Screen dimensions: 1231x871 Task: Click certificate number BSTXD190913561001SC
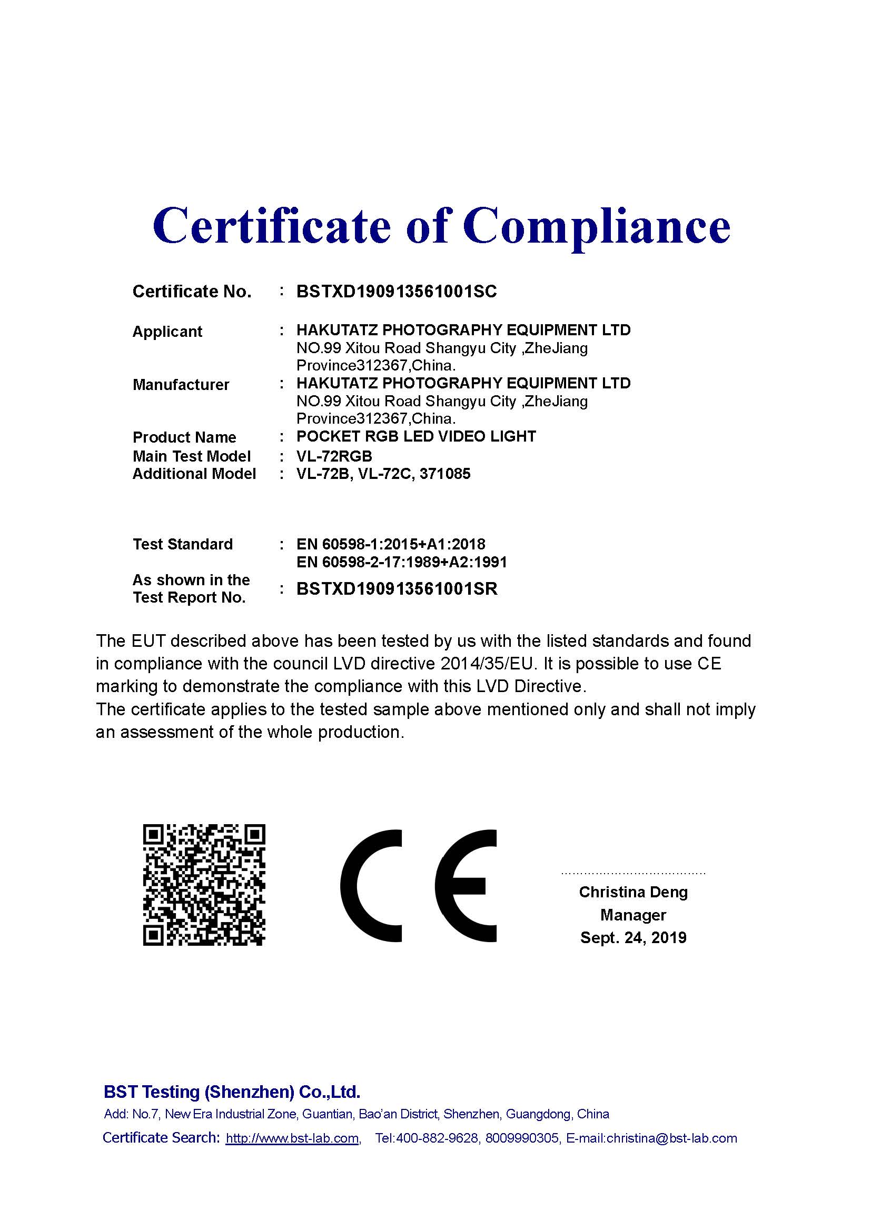pyautogui.click(x=397, y=292)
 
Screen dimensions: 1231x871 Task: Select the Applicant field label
pyautogui.click(x=167, y=332)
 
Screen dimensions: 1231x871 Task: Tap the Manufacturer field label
pyautogui.click(x=181, y=385)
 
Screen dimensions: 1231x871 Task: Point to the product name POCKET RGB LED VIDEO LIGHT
pyautogui.click(x=416, y=436)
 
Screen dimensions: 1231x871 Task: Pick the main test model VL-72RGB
pyautogui.click(x=334, y=456)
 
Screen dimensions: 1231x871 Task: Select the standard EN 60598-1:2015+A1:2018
pyautogui.click(x=391, y=544)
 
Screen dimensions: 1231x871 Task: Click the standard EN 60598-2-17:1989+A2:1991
pyautogui.click(x=401, y=562)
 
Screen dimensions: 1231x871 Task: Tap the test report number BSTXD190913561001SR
pyautogui.click(x=397, y=589)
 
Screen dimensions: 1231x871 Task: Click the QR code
pyautogui.click(x=204, y=885)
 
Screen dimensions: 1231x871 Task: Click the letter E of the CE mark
pyautogui.click(x=466, y=886)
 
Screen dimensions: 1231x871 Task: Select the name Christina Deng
pyautogui.click(x=633, y=892)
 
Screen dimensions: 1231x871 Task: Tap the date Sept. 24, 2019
pyautogui.click(x=633, y=938)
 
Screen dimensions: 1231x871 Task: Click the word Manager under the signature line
pyautogui.click(x=633, y=915)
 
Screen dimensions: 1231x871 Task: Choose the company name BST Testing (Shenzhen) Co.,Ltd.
pyautogui.click(x=232, y=1092)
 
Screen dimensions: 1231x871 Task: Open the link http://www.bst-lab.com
pyautogui.click(x=292, y=1138)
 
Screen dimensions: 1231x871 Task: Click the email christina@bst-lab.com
pyautogui.click(x=671, y=1138)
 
